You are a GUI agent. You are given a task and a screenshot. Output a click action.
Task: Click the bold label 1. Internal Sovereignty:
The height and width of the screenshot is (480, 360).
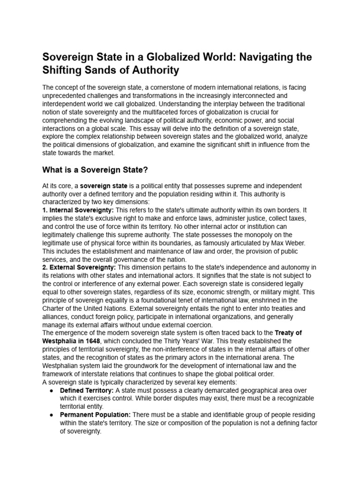[78, 210]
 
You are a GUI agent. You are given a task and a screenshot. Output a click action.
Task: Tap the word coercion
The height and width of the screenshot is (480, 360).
[197, 324]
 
